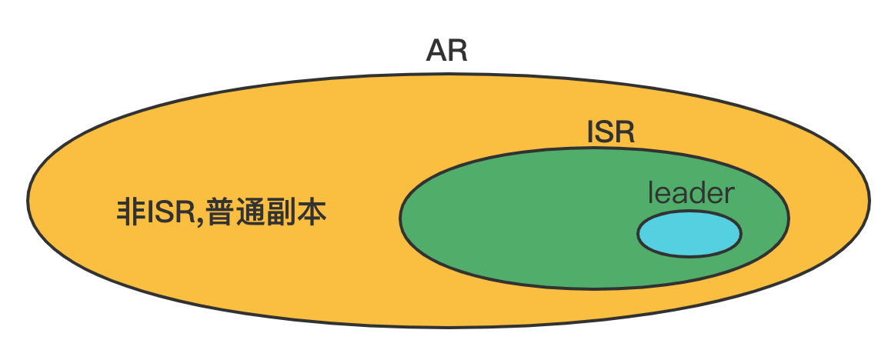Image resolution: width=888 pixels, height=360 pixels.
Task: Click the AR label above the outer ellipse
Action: (x=446, y=52)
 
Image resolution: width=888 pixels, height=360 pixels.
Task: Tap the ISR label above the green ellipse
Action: (x=610, y=132)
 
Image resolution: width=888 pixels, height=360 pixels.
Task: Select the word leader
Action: (x=691, y=192)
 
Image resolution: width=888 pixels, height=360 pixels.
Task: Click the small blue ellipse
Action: (x=689, y=234)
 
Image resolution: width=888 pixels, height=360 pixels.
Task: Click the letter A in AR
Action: (x=437, y=52)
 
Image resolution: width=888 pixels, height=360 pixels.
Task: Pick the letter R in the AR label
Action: (x=457, y=52)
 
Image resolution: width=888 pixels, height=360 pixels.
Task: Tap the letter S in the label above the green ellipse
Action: (x=606, y=132)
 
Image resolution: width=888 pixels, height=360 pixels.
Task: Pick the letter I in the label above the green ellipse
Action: (x=590, y=132)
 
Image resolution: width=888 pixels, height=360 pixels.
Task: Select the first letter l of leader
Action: (x=651, y=192)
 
